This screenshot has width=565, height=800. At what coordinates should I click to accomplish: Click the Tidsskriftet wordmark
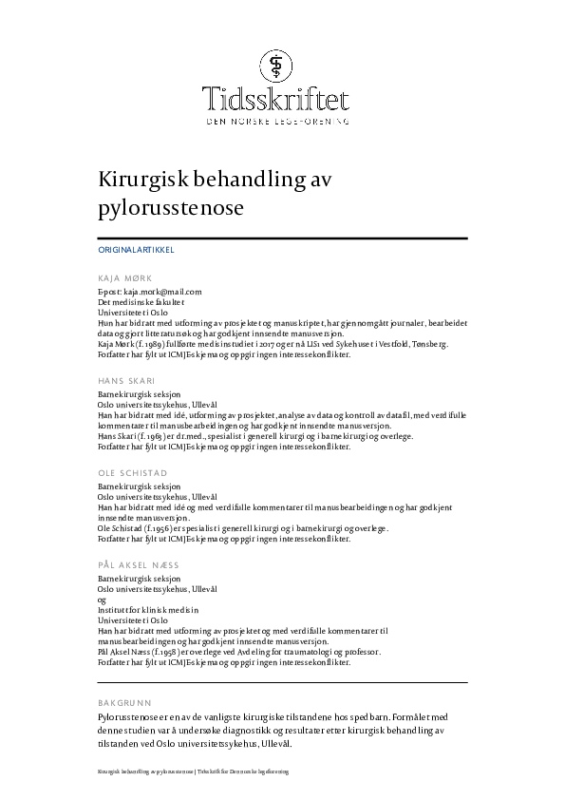click(276, 99)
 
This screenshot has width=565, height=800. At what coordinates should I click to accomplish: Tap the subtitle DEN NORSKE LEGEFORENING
click(277, 122)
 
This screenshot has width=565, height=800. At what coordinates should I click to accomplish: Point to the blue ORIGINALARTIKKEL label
click(136, 250)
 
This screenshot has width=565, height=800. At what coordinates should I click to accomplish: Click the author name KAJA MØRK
click(124, 279)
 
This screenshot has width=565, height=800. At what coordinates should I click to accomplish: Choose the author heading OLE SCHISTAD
click(131, 472)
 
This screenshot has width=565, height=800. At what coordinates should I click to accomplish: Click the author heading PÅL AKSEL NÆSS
click(139, 564)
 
